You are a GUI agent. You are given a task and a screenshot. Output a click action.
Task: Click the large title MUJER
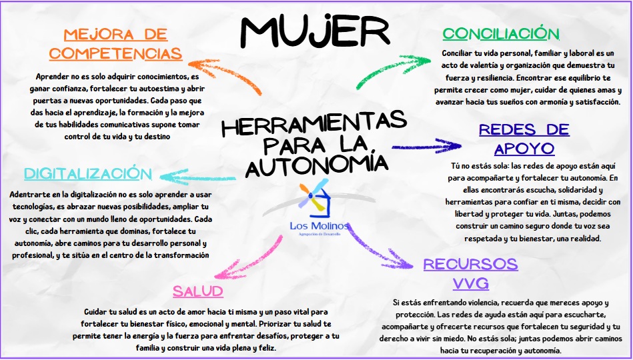pos(313,30)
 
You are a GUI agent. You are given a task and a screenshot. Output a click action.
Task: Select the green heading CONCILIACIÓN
pos(501,33)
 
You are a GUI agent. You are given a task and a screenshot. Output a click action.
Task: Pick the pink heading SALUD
pos(197,291)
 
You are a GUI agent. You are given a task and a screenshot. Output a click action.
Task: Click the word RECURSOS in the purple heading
pos(470,264)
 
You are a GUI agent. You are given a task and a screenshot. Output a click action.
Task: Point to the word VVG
pos(471,283)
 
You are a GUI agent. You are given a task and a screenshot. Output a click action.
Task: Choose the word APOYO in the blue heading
pos(524,147)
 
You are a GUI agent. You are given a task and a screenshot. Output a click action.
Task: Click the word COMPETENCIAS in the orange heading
pos(115,53)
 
